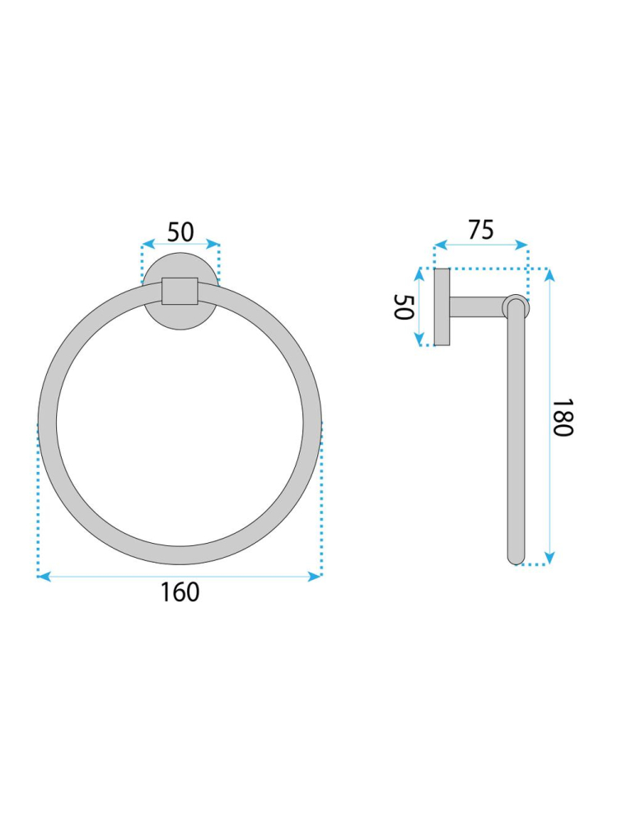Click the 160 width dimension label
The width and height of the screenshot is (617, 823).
pyautogui.click(x=180, y=592)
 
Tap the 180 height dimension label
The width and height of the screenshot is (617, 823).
pyautogui.click(x=562, y=417)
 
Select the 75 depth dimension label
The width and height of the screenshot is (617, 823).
pyautogui.click(x=480, y=230)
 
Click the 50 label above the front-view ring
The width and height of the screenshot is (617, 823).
pyautogui.click(x=180, y=232)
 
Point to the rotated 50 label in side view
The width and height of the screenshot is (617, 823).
pyautogui.click(x=404, y=307)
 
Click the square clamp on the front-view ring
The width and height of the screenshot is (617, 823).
pyautogui.click(x=180, y=291)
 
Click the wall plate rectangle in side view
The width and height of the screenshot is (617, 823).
pyautogui.click(x=442, y=307)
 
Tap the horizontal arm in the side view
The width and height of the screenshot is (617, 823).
pyautogui.click(x=476, y=306)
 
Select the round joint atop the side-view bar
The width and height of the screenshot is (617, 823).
pyautogui.click(x=516, y=306)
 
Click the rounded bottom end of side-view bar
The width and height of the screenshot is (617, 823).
pyautogui.click(x=516, y=558)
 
